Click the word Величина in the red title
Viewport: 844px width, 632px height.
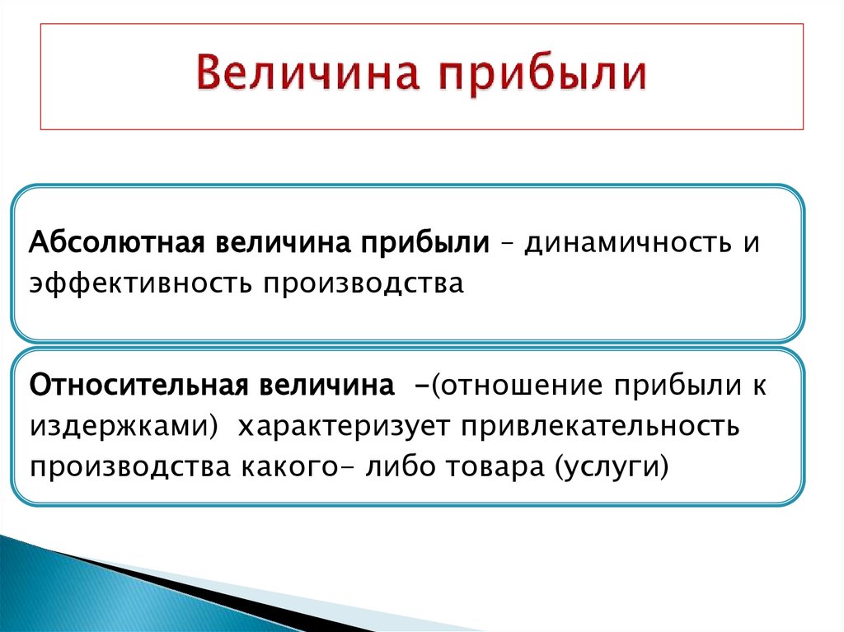tap(309, 76)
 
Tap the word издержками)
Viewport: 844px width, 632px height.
tap(124, 427)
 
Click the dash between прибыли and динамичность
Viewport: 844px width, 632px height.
tap(507, 245)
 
